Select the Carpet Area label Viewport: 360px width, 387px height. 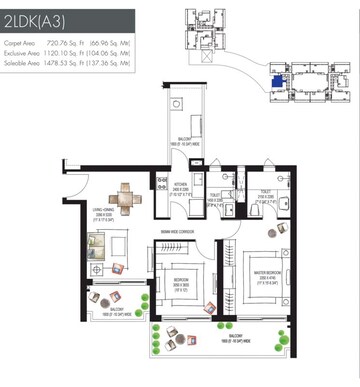(x=20, y=44)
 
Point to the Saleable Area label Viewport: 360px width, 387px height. (x=22, y=62)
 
